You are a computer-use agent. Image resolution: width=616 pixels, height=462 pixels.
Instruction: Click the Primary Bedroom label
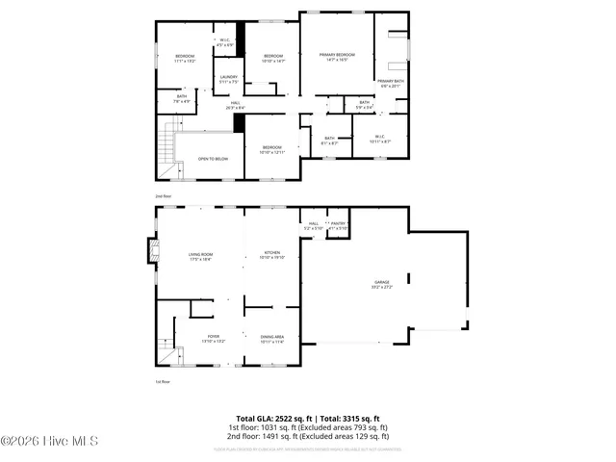tap(338, 58)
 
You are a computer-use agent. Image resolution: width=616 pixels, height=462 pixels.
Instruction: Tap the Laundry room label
tap(228, 79)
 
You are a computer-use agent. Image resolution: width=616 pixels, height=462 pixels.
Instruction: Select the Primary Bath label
tap(391, 84)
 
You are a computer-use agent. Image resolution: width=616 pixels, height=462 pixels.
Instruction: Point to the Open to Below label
tap(213, 159)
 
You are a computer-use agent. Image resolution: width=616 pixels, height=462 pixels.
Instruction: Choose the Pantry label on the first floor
tap(338, 225)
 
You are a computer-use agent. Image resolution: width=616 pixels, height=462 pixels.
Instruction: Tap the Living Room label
tap(200, 256)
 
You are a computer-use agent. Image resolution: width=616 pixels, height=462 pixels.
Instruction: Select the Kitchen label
tap(272, 255)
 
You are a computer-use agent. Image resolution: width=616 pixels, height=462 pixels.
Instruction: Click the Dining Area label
tap(272, 339)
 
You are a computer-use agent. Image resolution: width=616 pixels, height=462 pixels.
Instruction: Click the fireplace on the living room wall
tap(151, 252)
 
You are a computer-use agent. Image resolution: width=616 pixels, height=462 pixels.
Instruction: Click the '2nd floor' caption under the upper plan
tap(166, 195)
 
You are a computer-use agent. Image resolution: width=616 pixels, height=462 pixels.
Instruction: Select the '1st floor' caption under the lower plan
tap(165, 382)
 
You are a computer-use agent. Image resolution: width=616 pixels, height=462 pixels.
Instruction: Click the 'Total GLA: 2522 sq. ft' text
tap(272, 418)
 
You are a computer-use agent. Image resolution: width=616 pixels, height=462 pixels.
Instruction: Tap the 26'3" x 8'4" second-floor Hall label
tap(235, 106)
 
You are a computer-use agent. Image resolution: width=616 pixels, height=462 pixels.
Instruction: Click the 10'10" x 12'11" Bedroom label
tap(272, 149)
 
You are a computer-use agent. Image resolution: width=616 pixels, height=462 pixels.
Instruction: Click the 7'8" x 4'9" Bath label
tap(182, 97)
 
